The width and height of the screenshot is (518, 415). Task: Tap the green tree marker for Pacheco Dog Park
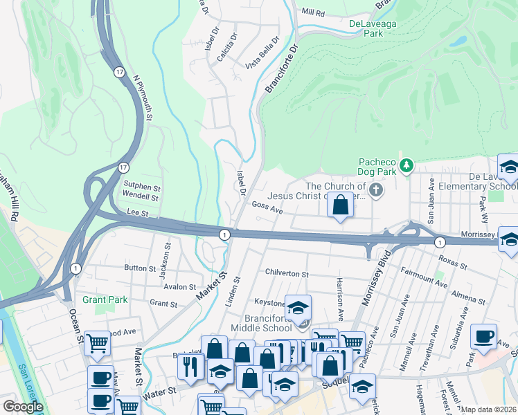407,165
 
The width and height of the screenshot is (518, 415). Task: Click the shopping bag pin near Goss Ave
340,205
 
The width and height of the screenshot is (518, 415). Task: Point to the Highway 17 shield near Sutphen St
123,167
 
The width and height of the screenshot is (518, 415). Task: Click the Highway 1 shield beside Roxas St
440,242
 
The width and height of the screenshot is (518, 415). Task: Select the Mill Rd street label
313,12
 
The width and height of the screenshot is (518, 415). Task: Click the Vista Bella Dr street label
265,53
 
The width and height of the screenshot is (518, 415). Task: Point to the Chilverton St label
286,274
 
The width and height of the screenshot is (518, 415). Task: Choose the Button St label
140,268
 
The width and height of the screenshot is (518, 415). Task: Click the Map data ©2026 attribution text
488,409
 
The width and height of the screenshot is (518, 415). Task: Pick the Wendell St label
141,197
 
